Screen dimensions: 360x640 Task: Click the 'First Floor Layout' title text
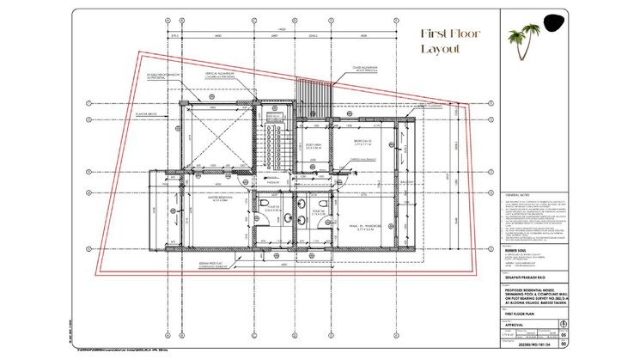(x=449, y=42)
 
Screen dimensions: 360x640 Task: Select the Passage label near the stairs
(x=273, y=183)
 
